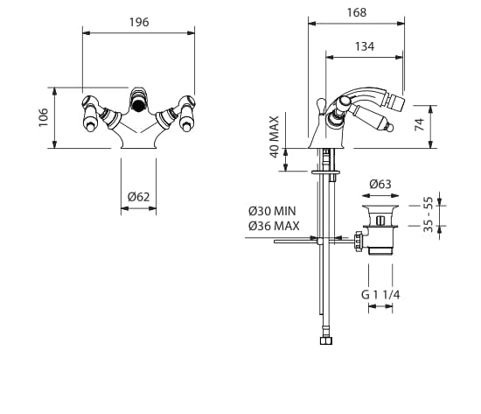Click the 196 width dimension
click(x=139, y=23)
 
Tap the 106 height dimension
click(x=44, y=117)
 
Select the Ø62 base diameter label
click(x=139, y=197)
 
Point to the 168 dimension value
click(x=357, y=12)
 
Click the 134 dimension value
click(x=365, y=46)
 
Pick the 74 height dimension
click(x=419, y=124)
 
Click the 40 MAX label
click(x=275, y=137)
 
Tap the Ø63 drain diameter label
click(x=380, y=185)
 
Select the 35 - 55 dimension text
click(x=428, y=214)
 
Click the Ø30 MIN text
click(x=272, y=211)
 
